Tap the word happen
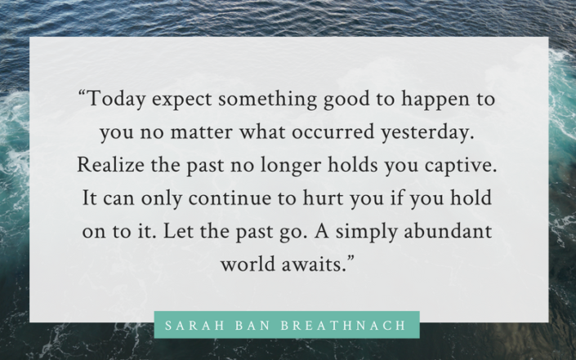pyautogui.click(x=431, y=101)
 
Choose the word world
pyautogui.click(x=245, y=264)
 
